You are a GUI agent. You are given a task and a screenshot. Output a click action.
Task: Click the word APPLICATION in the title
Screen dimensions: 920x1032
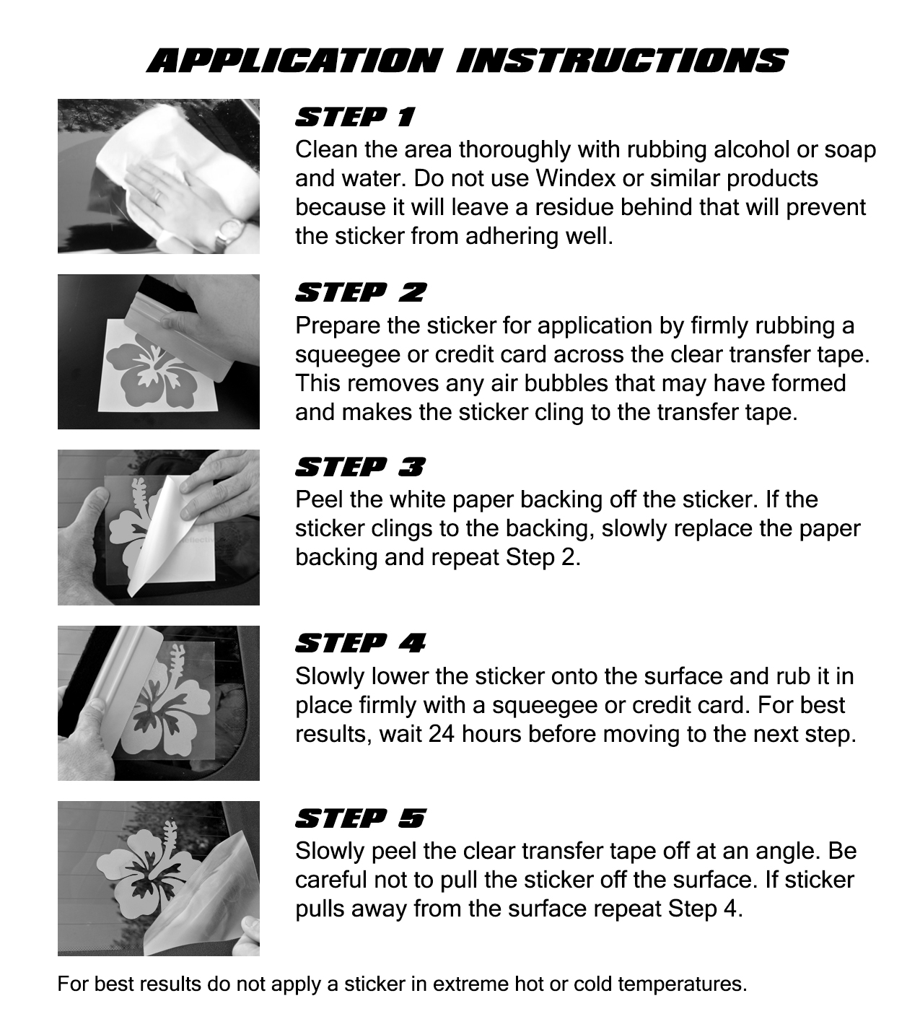point(294,61)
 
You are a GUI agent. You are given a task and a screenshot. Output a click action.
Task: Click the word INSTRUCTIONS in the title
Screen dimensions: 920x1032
point(622,61)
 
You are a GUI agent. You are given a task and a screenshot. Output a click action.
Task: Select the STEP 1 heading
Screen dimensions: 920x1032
point(355,117)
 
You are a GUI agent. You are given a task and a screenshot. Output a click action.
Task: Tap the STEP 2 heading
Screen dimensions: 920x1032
point(360,292)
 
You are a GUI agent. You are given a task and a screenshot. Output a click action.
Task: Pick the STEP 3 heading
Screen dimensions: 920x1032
point(359,468)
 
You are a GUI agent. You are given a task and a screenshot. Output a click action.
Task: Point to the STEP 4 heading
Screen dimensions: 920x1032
point(360,643)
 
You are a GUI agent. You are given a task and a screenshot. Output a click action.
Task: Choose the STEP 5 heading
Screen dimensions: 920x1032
point(360,818)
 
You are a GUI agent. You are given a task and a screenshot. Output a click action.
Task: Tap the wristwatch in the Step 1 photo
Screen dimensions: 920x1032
point(229,232)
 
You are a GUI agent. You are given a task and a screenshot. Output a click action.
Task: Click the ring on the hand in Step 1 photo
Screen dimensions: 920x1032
point(159,196)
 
